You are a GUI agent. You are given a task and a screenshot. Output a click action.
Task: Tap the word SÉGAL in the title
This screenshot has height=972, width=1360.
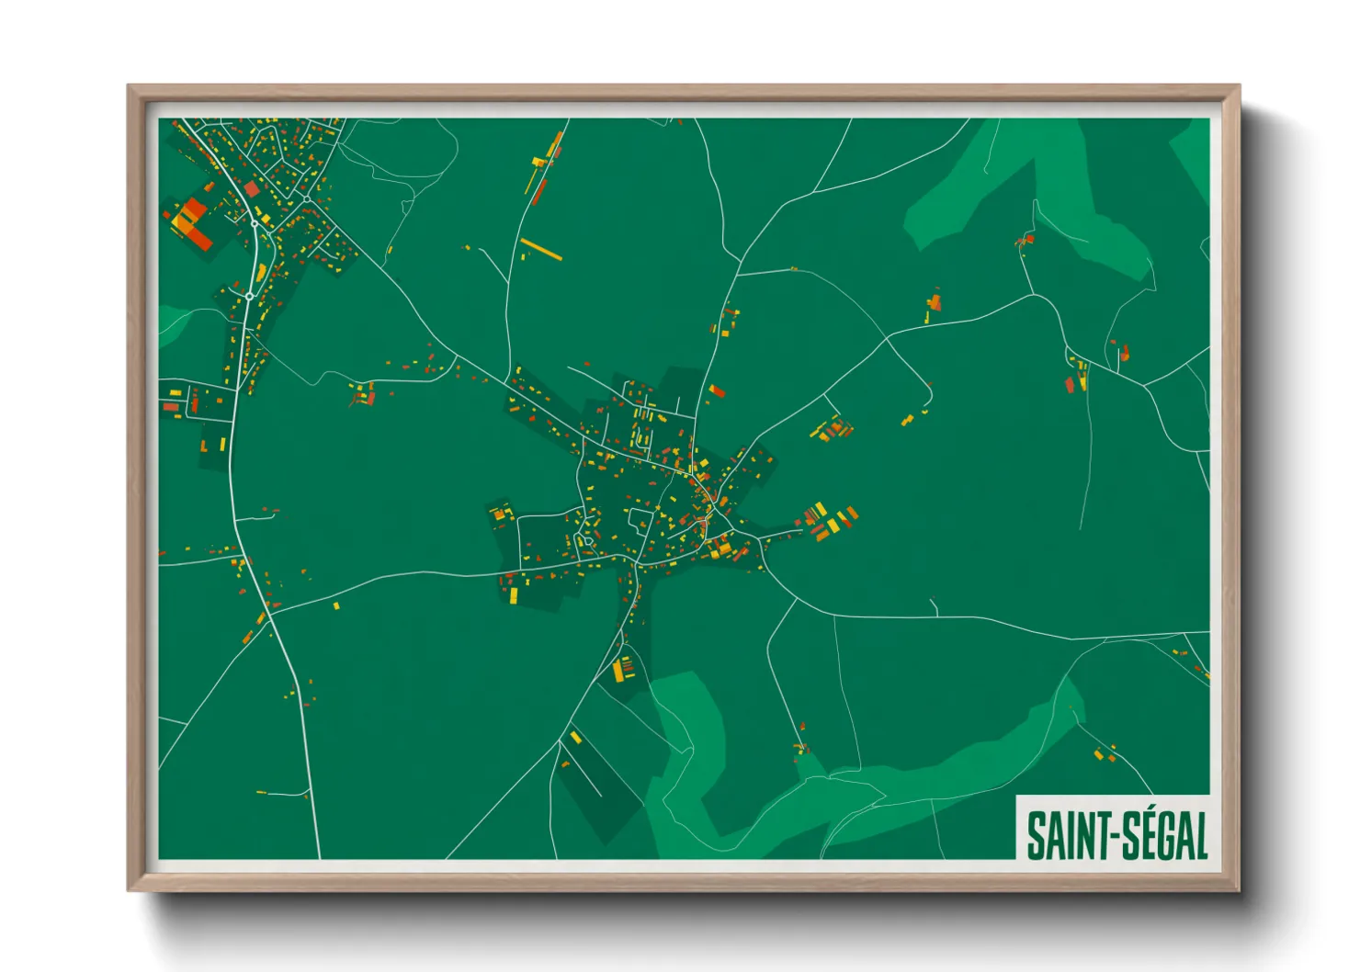click(x=1165, y=835)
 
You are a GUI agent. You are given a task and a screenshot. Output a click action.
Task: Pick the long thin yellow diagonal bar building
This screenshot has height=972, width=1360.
click(x=541, y=249)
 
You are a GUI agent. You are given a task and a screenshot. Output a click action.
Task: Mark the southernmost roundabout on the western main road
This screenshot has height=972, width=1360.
click(x=249, y=296)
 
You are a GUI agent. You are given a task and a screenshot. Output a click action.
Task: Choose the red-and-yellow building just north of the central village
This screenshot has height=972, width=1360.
click(x=716, y=391)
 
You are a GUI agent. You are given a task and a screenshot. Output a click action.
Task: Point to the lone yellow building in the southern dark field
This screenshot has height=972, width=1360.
click(x=575, y=737)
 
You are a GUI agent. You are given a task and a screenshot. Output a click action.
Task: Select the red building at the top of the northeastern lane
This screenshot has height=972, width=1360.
click(x=1026, y=240)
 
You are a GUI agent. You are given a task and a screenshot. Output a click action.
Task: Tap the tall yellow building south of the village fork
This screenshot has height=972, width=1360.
click(x=618, y=671)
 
